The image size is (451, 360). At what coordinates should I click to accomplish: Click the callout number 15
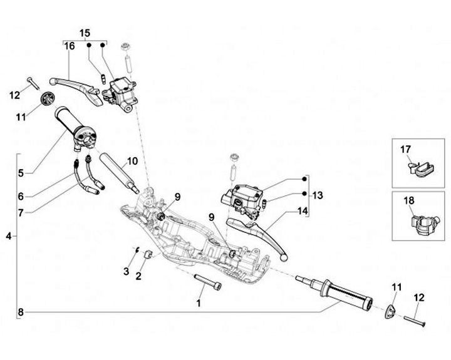[x=85, y=33]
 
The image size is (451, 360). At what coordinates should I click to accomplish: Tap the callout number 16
[x=70, y=46]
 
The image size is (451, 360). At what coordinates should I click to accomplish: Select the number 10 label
[x=132, y=162]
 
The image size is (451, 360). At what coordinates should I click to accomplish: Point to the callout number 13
[x=318, y=195]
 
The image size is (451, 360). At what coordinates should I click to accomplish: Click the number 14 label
[x=303, y=211]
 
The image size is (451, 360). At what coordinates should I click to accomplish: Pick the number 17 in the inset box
[x=405, y=150]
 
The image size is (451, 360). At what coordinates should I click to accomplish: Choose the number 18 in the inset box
[x=409, y=200]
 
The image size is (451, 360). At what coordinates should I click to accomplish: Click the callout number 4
[x=9, y=237]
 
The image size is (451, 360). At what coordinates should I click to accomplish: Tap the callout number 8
[x=21, y=312]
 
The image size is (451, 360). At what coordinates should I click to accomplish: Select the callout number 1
[x=198, y=303]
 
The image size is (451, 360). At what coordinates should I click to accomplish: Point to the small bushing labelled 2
[x=148, y=254]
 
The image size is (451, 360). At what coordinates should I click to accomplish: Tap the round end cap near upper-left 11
[x=48, y=99]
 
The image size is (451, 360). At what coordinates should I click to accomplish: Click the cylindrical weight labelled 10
[x=119, y=173]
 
